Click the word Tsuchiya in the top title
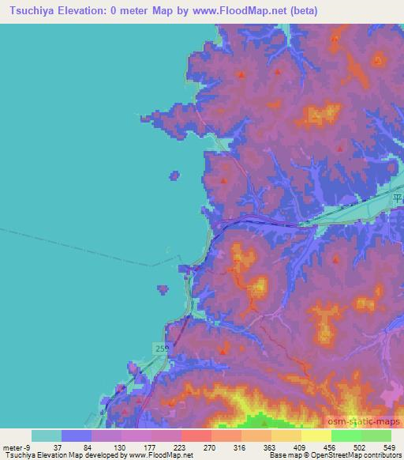pyautogui.click(x=31, y=10)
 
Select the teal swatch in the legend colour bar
pyautogui.click(x=47, y=435)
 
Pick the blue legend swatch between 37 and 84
pyautogui.click(x=77, y=435)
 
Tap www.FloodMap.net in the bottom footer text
pyautogui.click(x=158, y=455)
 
